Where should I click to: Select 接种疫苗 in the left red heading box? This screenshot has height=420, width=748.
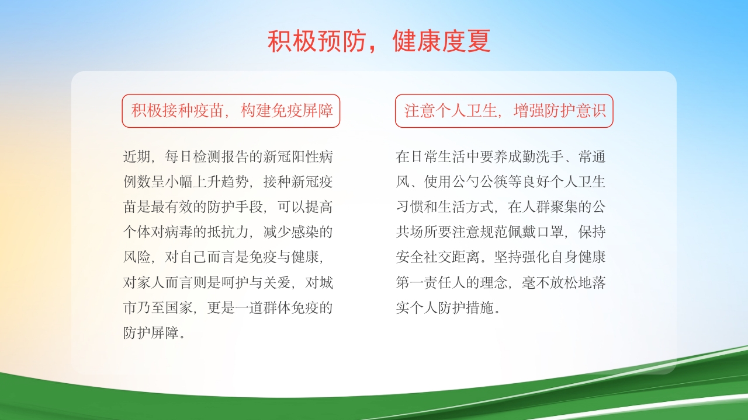tap(194, 111)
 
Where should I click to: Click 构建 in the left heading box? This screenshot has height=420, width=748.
tap(257, 111)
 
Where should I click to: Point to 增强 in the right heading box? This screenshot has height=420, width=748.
tap(529, 111)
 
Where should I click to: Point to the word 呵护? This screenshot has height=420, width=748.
tap(250, 283)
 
